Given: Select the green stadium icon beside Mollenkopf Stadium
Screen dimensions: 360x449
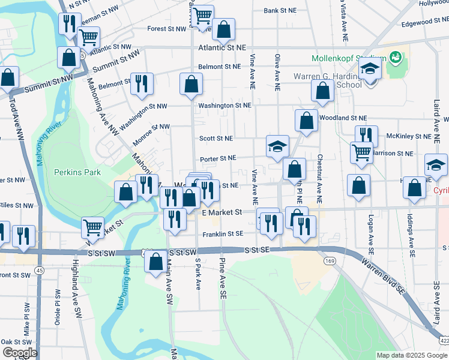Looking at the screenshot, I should click(395, 58).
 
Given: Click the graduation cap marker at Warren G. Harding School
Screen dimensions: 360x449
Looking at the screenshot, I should click(370, 70).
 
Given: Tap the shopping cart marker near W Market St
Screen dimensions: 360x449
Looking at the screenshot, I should click(93, 227).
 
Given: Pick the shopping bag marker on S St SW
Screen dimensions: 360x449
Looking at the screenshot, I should click(156, 261).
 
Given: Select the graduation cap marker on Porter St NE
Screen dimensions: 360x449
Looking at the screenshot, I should click(277, 146).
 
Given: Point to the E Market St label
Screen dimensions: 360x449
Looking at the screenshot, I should click(221, 212).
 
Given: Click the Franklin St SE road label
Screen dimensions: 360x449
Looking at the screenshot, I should click(223, 235).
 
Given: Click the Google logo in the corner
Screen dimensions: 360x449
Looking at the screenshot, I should click(20, 353).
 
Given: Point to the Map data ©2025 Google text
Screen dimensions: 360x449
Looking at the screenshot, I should click(411, 355).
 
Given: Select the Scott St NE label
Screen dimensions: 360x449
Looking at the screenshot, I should click(216, 138).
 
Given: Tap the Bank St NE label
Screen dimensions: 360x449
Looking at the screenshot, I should click(280, 11).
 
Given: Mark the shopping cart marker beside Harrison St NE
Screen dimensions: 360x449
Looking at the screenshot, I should click(361, 152).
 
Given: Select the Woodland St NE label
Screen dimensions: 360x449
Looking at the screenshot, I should click(343, 118).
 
